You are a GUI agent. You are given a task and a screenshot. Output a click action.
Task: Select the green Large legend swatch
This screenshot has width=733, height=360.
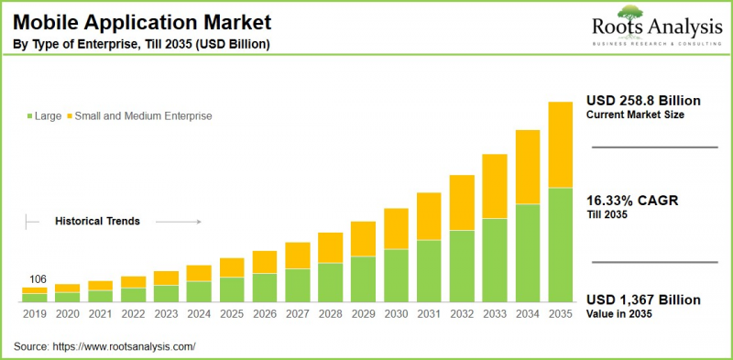pyautogui.click(x=29, y=116)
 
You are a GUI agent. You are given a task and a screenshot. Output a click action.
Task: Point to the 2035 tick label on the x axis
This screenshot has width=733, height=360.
pyautogui.click(x=560, y=313)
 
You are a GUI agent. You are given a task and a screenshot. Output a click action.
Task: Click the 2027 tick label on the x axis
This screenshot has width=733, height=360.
pyautogui.click(x=297, y=313)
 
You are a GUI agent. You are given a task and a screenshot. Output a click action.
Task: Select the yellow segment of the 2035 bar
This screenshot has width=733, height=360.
pyautogui.click(x=560, y=144)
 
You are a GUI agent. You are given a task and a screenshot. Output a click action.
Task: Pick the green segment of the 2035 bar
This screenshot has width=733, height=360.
pyautogui.click(x=560, y=245)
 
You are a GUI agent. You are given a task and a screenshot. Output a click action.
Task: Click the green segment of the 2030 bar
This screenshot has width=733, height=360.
pyautogui.click(x=396, y=276)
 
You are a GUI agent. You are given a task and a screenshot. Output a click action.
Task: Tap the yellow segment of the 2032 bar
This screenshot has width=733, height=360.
pyautogui.click(x=462, y=202)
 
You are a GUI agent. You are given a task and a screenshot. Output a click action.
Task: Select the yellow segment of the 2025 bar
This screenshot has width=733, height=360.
pyautogui.click(x=232, y=267)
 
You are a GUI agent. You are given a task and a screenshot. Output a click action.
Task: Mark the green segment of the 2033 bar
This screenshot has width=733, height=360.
pyautogui.click(x=495, y=260)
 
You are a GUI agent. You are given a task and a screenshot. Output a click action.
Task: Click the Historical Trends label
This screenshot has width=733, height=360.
pyautogui.click(x=98, y=221)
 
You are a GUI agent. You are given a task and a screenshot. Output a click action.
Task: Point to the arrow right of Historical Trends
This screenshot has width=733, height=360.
pyautogui.click(x=178, y=221)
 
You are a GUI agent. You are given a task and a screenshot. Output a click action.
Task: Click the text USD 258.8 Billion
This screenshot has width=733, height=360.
pyautogui.click(x=644, y=99)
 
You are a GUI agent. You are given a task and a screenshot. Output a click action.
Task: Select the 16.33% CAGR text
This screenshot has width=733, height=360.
pyautogui.click(x=632, y=201)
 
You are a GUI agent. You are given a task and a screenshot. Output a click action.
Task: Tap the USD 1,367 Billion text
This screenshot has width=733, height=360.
pyautogui.click(x=643, y=300)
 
